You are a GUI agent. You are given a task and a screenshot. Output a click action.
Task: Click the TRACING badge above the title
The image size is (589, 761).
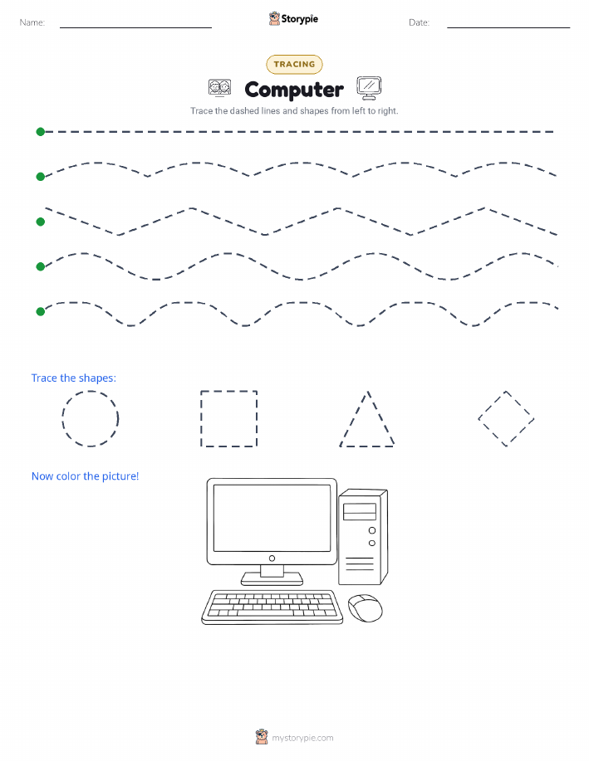point(294,64)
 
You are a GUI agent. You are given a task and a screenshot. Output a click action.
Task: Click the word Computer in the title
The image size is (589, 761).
point(294,90)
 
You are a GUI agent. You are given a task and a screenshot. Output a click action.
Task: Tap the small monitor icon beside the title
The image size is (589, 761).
point(369,88)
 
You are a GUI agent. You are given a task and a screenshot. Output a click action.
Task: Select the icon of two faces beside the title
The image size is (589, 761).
point(219,88)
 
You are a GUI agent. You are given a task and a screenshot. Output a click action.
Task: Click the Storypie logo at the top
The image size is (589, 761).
point(293,19)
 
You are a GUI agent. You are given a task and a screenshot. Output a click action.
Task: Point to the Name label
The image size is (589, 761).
point(32,22)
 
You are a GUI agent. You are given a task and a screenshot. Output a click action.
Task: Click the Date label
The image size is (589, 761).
point(419,22)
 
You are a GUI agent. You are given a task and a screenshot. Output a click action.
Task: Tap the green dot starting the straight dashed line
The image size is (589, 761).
point(41,131)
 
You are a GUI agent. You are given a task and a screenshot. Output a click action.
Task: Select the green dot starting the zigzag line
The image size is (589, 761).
point(41,222)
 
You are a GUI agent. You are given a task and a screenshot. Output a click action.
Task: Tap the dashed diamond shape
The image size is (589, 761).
point(492,405)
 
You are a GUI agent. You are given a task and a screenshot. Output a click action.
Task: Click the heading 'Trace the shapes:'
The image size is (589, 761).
point(74,378)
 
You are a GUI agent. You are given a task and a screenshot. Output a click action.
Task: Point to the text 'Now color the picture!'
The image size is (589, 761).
point(85,476)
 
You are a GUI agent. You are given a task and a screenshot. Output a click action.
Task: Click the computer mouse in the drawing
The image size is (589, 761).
point(366,608)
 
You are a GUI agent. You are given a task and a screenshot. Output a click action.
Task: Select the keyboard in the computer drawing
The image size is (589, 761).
point(272,607)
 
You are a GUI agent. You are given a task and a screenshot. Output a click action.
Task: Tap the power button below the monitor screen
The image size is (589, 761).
point(272,559)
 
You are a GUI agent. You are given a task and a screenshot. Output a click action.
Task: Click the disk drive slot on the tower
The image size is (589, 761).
point(360,511)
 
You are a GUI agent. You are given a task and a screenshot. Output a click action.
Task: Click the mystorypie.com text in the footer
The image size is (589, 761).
point(302,738)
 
